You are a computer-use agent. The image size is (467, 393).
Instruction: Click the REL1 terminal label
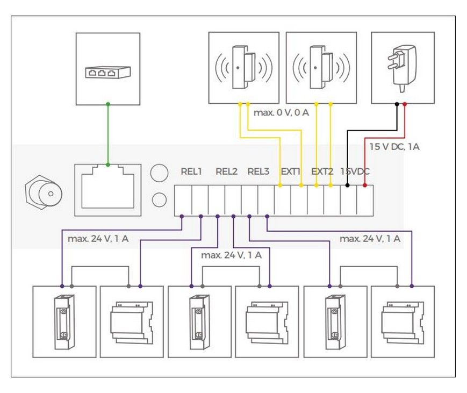coord(191,172)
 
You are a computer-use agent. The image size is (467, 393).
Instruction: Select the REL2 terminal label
coord(226,172)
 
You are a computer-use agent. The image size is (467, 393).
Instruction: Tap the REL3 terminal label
coord(258,172)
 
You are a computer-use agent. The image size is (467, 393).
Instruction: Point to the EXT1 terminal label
coord(290,172)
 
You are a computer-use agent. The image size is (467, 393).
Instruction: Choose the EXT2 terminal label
coord(322,172)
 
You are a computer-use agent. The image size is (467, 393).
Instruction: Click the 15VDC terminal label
coord(355,172)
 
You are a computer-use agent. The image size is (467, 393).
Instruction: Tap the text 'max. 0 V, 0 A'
coord(281,112)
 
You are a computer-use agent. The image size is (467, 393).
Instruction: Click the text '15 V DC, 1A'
coord(394,147)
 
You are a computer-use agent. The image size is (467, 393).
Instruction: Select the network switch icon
coord(108,72)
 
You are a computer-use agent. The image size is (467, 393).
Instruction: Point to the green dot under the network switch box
coord(108,104)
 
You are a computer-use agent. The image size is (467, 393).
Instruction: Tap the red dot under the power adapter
coord(405,104)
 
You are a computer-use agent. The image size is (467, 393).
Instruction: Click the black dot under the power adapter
coord(397,104)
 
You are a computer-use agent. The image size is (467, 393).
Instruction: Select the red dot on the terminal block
coord(365,185)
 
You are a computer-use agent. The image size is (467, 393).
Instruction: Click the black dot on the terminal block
coord(347,185)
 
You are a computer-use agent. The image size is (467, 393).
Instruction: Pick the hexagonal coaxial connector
coord(44,193)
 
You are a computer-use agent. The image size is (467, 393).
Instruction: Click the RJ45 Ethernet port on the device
coord(108,190)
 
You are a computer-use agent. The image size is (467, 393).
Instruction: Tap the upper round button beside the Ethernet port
coord(160,173)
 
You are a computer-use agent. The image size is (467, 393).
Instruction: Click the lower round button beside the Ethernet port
coord(160,199)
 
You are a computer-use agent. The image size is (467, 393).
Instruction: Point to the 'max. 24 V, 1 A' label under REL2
coord(232,255)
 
